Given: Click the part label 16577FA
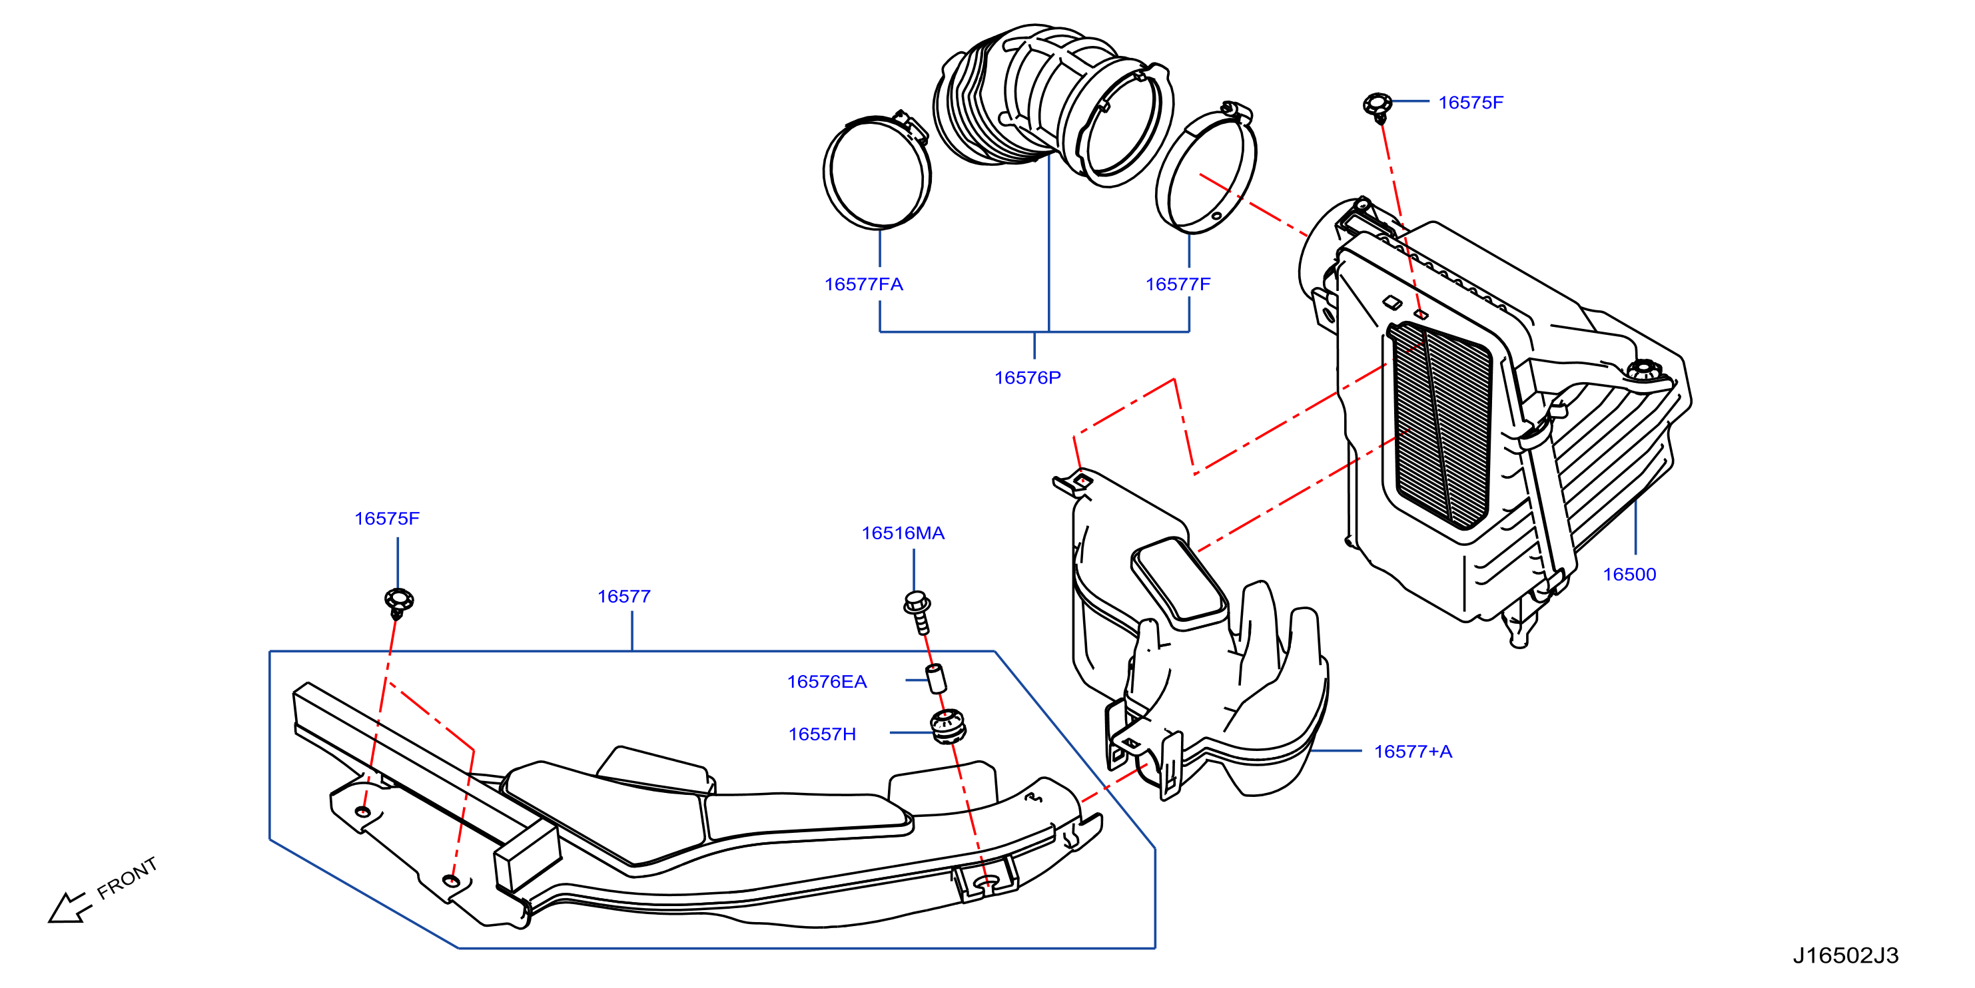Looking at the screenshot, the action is (x=863, y=284).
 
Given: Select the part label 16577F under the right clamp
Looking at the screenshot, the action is (x=1178, y=284).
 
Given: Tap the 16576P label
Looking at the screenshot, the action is (x=1027, y=378).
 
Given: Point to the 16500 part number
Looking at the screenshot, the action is (x=1629, y=575).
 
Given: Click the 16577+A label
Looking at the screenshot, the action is (x=1413, y=752).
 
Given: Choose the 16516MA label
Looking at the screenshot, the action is (x=903, y=533).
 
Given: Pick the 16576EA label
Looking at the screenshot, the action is (x=827, y=682).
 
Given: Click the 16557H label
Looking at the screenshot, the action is (x=822, y=734).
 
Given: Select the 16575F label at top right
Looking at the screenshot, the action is (x=1471, y=103).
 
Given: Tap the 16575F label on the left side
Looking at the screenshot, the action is (x=386, y=519).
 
